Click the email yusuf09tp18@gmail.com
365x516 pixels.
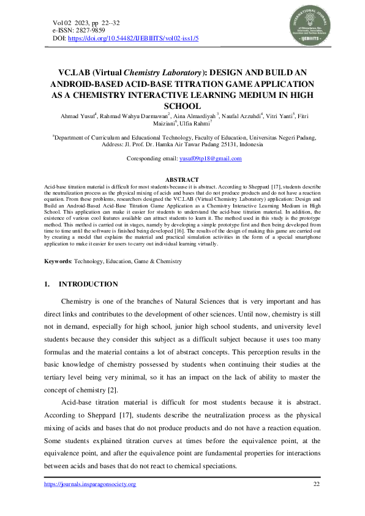click(x=210, y=159)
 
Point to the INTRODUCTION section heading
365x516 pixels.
click(x=88, y=284)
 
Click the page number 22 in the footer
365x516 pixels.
click(x=317, y=484)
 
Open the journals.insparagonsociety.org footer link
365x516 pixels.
click(x=91, y=484)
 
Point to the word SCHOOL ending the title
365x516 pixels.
click(x=182, y=106)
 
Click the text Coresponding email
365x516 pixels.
click(x=150, y=159)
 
